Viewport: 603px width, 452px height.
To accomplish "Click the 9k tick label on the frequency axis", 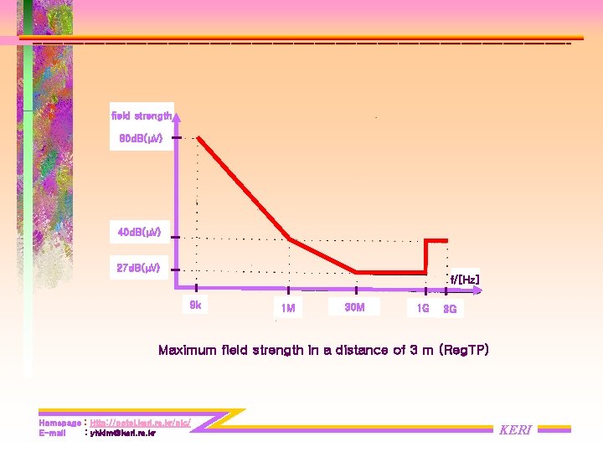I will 194,306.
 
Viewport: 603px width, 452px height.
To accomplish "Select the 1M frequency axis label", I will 287,309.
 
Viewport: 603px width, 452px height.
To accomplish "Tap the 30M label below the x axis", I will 354,307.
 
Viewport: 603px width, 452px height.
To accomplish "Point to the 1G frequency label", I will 423,309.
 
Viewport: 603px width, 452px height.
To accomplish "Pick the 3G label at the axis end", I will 450,310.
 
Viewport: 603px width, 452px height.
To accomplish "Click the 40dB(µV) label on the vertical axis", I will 141,231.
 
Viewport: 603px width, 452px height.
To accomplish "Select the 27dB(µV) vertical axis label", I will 141,268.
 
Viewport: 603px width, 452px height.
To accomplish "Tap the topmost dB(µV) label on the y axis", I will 141,138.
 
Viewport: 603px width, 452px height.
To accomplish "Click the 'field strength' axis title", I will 142,115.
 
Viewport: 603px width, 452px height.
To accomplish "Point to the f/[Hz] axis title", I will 464,279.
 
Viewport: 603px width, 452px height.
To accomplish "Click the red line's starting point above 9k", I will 199,140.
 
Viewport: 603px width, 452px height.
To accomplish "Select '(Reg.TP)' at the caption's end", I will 464,350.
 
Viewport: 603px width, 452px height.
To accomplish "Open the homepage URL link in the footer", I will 140,424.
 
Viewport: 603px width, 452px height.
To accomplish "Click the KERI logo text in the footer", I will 515,429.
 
